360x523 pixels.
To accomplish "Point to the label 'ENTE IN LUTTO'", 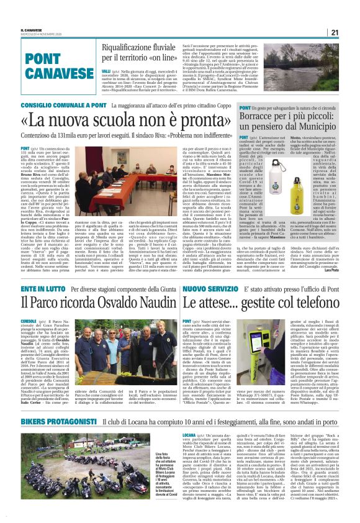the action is tap(42, 289).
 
